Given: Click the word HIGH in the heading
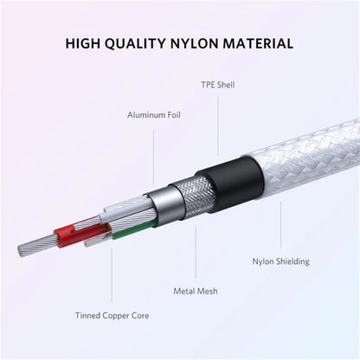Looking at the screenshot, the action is [83, 43].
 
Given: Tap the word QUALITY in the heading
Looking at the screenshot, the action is [135, 43].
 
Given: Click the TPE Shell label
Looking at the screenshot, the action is [218, 85].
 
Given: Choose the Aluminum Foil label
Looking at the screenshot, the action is [154, 115].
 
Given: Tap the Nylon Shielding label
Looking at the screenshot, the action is [280, 261].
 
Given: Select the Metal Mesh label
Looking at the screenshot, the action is [196, 291].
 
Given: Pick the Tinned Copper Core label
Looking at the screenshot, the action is [112, 315].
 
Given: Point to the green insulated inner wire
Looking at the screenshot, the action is [135, 229].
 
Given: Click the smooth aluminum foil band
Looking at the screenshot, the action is [167, 206].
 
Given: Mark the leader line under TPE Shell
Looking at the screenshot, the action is [218, 126].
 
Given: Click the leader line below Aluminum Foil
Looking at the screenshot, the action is [153, 157].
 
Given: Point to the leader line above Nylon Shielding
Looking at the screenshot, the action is [280, 225].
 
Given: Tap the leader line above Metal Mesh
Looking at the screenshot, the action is [196, 252].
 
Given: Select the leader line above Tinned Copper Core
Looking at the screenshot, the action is [112, 274].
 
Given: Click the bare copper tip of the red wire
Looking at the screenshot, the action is [37, 246].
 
